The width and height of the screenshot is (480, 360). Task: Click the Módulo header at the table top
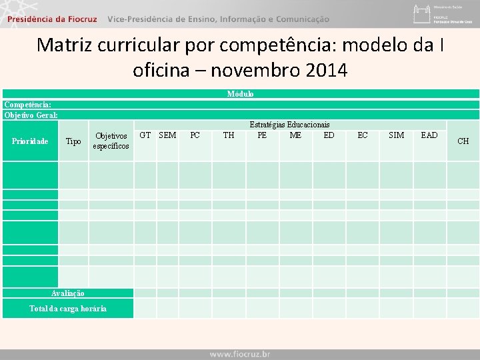pyautogui.click(x=240, y=94)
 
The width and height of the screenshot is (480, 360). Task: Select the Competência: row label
pyautogui.click(x=28, y=105)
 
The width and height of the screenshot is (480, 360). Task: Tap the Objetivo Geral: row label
pyautogui.click(x=31, y=115)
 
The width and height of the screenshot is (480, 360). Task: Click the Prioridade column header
pyautogui.click(x=30, y=141)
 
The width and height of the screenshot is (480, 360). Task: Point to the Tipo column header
pyautogui.click(x=73, y=141)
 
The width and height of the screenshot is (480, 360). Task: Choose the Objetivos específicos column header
pyautogui.click(x=111, y=141)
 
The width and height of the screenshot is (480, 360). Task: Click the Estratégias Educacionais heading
pyautogui.click(x=289, y=125)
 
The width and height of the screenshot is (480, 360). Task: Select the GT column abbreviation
pyautogui.click(x=145, y=135)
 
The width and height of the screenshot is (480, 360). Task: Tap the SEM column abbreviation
pyautogui.click(x=167, y=135)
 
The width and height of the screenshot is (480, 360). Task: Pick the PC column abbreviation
pyautogui.click(x=195, y=135)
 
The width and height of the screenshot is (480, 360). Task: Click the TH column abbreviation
pyautogui.click(x=229, y=135)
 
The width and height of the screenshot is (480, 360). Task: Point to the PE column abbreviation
pyautogui.click(x=262, y=135)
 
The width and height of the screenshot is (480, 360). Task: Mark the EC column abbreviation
pyautogui.click(x=363, y=135)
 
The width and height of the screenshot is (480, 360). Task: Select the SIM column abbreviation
pyautogui.click(x=396, y=135)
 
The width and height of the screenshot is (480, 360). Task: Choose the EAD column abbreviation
pyautogui.click(x=429, y=135)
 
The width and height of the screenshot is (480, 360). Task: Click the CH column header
pyautogui.click(x=463, y=141)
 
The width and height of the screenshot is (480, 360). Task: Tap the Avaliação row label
pyautogui.click(x=68, y=293)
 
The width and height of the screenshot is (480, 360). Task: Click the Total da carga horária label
pyautogui.click(x=68, y=308)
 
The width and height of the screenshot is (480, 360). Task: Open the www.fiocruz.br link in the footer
pyautogui.click(x=240, y=354)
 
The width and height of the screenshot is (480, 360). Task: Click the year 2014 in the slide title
pyautogui.click(x=324, y=69)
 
